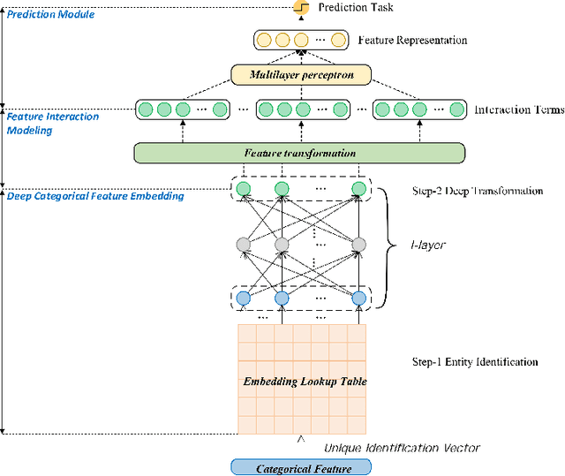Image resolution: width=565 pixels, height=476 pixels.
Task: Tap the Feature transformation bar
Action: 299,152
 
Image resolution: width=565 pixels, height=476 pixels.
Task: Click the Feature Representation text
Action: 412,41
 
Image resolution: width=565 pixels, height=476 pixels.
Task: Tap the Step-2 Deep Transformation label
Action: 478,191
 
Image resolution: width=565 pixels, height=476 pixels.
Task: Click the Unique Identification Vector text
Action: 402,448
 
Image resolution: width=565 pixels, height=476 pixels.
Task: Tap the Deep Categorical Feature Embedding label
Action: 95,195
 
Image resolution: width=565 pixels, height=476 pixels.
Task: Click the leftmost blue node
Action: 244,298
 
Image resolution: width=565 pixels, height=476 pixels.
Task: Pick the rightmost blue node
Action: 358,298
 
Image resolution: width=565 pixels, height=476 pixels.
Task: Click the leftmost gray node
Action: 244,245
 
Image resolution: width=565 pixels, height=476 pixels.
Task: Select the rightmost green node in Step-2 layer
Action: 358,189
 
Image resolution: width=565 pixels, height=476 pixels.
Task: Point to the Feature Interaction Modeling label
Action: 53,124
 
